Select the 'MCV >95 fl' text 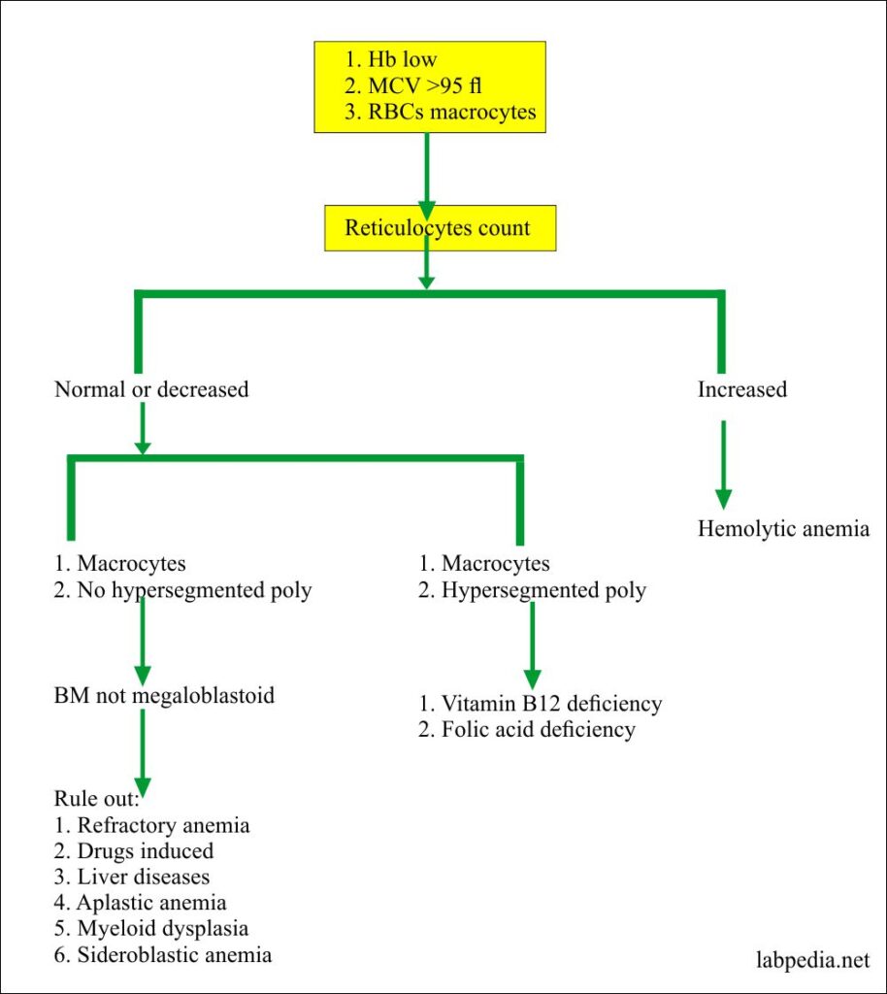click(x=417, y=87)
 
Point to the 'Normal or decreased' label click(x=151, y=389)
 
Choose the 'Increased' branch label click(x=742, y=389)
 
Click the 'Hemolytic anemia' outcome click(x=784, y=529)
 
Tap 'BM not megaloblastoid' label click(x=164, y=696)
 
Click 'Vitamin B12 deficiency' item click(x=540, y=703)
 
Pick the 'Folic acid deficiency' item click(x=526, y=729)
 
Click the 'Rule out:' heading click(x=96, y=799)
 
